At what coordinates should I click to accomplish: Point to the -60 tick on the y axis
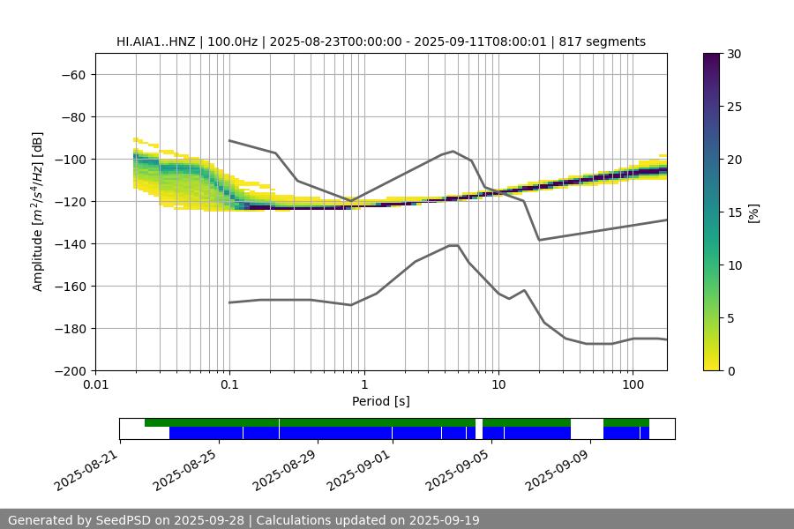(x=73, y=74)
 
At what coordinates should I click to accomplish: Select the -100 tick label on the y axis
(x=70, y=159)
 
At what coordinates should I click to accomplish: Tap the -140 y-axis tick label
(x=70, y=243)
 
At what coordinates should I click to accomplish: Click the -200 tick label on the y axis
(x=70, y=370)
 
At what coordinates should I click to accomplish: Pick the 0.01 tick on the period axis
(x=95, y=385)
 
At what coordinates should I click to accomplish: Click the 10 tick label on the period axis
(x=498, y=385)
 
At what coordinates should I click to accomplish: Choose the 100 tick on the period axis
(x=633, y=385)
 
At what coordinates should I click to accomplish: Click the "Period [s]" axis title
(x=381, y=401)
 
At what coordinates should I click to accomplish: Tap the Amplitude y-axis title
(x=38, y=212)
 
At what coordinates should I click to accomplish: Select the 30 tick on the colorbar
(x=734, y=54)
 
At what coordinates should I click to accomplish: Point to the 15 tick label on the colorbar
(x=734, y=212)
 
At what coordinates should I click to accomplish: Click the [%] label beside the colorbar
(x=753, y=212)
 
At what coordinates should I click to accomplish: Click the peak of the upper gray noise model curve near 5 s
(x=453, y=151)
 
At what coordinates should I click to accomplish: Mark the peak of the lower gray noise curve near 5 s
(x=453, y=245)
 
